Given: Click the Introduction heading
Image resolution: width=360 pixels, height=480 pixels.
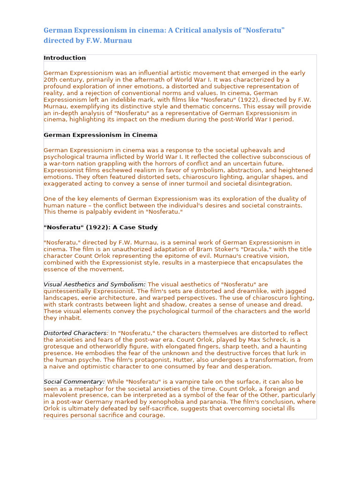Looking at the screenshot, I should tap(65, 58).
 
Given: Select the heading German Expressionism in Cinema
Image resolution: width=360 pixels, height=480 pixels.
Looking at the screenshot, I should tap(100, 135).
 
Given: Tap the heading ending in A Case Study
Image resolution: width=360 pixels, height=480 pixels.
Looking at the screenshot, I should tap(100, 227).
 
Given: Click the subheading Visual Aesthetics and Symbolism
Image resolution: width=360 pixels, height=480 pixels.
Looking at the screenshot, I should tap(94, 285).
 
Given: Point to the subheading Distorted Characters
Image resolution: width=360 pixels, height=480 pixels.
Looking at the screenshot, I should tap(76, 333).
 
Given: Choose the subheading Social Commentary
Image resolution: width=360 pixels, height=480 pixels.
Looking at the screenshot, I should tap(74, 382).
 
